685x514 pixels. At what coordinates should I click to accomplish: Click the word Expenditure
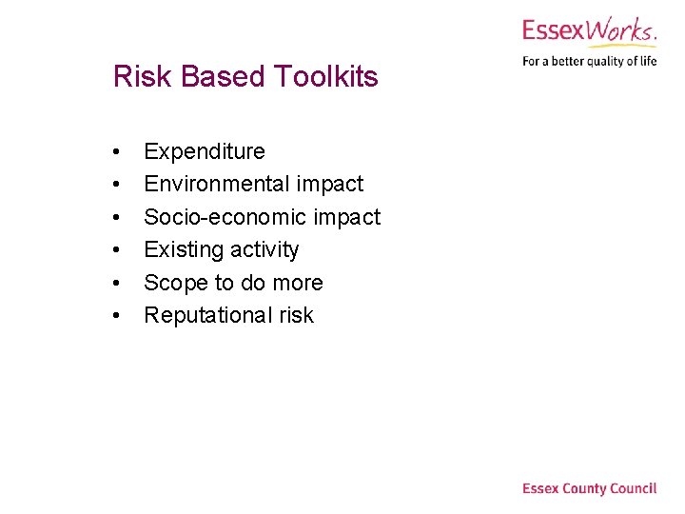tap(205, 151)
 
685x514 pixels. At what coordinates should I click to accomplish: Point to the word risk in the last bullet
tap(296, 315)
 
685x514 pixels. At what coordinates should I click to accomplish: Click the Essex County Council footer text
tap(589, 488)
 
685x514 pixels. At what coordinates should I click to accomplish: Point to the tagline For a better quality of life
tap(589, 62)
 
